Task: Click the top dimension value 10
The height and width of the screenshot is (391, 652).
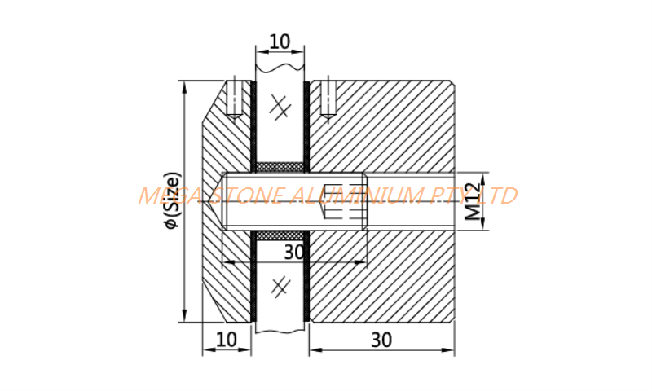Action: pyautogui.click(x=280, y=42)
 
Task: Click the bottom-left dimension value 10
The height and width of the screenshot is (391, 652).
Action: pyautogui.click(x=227, y=340)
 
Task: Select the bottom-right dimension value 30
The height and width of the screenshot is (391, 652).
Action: pyautogui.click(x=381, y=340)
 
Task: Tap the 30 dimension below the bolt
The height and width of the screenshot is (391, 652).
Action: pyautogui.click(x=294, y=253)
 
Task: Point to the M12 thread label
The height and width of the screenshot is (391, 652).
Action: pyautogui.click(x=473, y=201)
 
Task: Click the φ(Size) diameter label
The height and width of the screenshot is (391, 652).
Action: pyautogui.click(x=173, y=200)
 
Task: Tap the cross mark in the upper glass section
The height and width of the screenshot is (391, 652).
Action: pyautogui.click(x=280, y=107)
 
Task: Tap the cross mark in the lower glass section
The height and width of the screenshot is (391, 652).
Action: pyautogui.click(x=280, y=287)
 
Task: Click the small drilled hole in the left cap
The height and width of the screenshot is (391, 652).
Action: pyautogui.click(x=235, y=99)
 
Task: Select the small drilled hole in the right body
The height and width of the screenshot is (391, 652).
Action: pyautogui.click(x=328, y=99)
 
